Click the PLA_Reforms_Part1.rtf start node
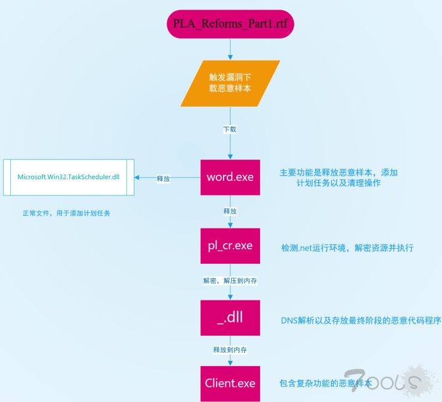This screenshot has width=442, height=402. coord(230,23)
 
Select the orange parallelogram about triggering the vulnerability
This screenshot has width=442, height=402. coord(230,83)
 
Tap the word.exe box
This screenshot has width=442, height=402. coord(230,177)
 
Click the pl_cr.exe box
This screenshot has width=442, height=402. coord(230,246)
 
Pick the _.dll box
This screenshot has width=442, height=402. coord(230,317)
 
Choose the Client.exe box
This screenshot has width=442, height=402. coord(230,383)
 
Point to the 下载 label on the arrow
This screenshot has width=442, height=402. coord(230,129)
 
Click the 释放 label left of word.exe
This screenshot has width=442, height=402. coord(163,179)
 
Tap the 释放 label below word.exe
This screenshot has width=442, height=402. coord(230,211)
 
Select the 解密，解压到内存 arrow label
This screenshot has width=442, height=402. coord(230,280)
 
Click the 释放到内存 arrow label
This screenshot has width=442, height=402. coord(230,349)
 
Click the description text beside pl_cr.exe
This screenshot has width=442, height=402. coord(347,248)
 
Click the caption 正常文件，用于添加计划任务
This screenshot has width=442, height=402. coord(66,213)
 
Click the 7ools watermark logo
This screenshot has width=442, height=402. coord(391,382)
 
